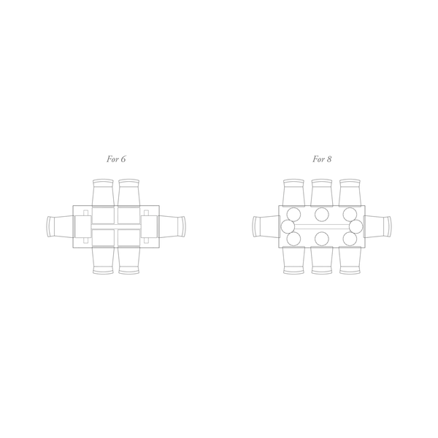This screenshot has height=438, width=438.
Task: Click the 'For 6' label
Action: click(116, 159)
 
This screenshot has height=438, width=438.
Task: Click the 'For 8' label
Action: click(322, 159)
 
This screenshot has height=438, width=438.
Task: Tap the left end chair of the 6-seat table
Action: click(60, 227)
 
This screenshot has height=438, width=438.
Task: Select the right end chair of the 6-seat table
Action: click(172, 227)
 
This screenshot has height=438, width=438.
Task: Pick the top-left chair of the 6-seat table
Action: click(103, 193)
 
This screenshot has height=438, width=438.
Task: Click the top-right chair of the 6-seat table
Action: click(128, 193)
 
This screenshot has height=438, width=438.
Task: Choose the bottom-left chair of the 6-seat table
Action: click(103, 261)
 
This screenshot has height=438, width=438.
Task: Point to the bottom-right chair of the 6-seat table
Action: click(128, 261)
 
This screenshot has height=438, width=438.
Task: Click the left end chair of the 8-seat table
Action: click(266, 226)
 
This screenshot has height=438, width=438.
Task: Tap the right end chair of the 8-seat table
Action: click(377, 226)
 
